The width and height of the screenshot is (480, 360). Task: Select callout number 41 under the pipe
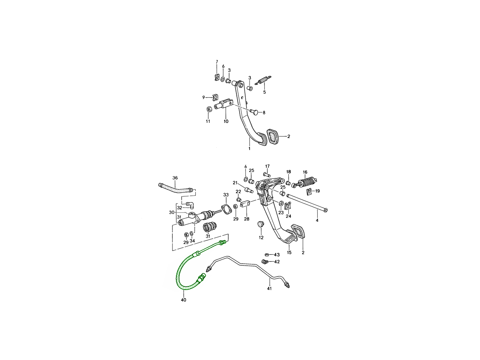[270, 288]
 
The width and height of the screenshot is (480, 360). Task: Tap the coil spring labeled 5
[264, 80]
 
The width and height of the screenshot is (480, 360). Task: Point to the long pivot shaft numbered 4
[307, 203]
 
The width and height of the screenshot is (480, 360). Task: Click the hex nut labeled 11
[208, 109]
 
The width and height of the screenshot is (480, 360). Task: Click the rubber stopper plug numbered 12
[260, 224]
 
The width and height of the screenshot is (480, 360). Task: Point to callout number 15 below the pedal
[289, 253]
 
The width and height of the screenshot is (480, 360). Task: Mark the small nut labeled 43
[266, 254]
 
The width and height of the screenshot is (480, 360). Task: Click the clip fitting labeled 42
[265, 262]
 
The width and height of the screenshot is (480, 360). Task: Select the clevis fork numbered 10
[224, 104]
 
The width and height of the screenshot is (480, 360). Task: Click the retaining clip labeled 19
[309, 192]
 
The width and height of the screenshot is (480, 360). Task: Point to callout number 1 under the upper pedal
[249, 149]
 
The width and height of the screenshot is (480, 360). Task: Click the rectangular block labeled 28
[245, 204]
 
